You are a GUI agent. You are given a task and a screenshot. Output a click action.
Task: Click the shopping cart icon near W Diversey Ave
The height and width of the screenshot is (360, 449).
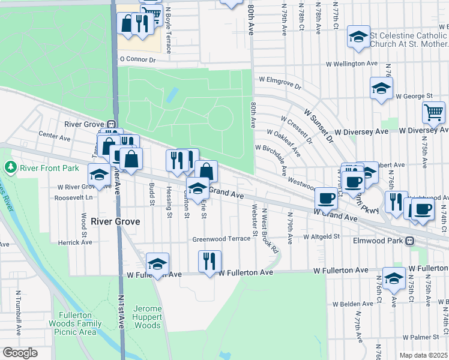tap(433, 112)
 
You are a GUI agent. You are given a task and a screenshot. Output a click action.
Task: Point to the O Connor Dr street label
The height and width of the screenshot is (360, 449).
tap(137, 59)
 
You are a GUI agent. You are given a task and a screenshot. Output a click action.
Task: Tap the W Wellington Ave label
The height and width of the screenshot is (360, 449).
tap(351, 64)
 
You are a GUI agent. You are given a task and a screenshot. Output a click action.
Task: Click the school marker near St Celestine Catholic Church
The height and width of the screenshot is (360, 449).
tap(358, 37)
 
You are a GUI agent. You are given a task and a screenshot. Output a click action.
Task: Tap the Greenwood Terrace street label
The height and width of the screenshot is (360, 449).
tap(221, 239)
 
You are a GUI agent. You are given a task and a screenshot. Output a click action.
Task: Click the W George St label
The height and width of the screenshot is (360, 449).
tap(414, 96)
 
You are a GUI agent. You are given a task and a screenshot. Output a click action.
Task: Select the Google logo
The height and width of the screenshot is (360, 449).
tap(20, 353)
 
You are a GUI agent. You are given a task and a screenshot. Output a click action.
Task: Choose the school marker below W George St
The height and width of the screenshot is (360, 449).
tap(381, 89)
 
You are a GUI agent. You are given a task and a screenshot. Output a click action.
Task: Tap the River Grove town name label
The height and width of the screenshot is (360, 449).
tap(115, 221)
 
